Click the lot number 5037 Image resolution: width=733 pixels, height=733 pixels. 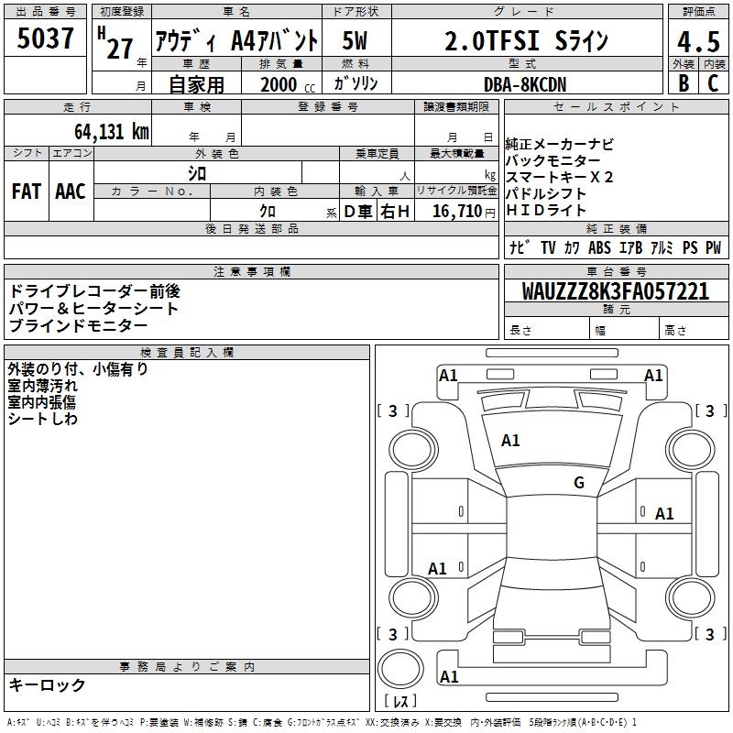(45, 38)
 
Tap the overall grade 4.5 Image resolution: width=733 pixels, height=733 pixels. (698, 41)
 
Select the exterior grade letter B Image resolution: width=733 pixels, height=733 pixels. (684, 82)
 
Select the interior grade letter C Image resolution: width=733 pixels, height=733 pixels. (713, 82)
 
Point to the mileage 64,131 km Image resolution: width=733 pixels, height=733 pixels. (112, 131)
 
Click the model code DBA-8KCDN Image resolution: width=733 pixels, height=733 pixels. (525, 84)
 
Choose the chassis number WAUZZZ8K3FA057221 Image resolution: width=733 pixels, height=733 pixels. (616, 290)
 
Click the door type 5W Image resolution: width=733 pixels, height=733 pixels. (355, 40)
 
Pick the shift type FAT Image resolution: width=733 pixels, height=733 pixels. (27, 191)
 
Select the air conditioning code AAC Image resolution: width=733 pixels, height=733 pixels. (71, 191)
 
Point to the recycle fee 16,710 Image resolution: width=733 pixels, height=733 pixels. (457, 211)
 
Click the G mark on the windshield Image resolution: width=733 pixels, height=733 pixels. (579, 482)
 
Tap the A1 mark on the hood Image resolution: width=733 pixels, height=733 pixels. (510, 440)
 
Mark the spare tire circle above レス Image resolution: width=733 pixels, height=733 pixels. (400, 669)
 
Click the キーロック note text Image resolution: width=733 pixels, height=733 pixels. (48, 684)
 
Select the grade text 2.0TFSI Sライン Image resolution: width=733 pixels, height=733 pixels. (526, 40)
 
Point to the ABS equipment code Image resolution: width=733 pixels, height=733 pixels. (599, 247)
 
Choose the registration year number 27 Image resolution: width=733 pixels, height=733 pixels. (120, 49)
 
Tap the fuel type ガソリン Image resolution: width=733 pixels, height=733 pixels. (356, 83)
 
